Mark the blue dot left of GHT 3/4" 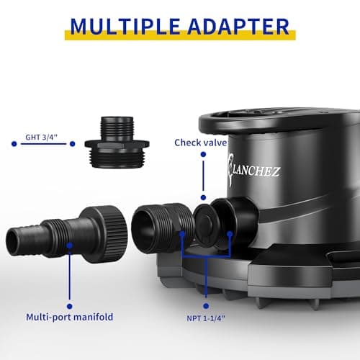pyautogui.click(x=13, y=144)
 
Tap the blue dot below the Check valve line pyautogui.click(x=204, y=197)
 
